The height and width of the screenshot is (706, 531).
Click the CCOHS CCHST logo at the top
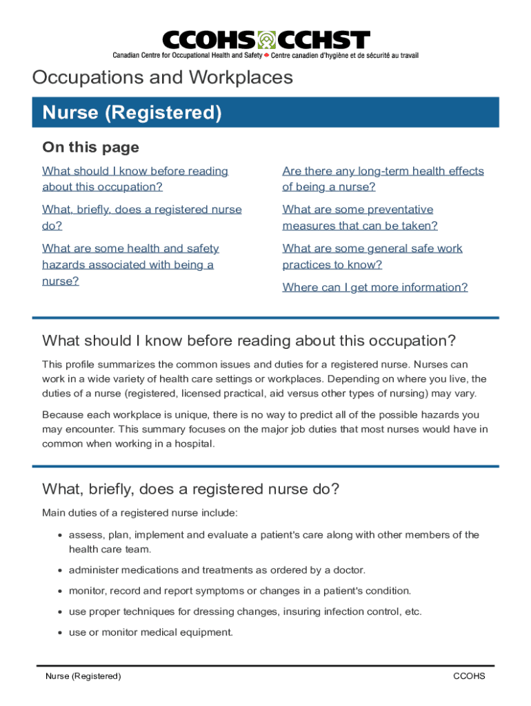pyautogui.click(x=265, y=43)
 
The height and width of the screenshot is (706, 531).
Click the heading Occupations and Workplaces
pyautogui.click(x=163, y=78)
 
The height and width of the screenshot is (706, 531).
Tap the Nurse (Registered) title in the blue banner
pyautogui.click(x=132, y=112)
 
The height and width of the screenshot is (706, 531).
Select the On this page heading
pyautogui.click(x=90, y=147)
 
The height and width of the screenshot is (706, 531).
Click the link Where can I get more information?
pyautogui.click(x=374, y=288)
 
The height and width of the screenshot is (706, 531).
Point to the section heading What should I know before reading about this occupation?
pyautogui.click(x=249, y=341)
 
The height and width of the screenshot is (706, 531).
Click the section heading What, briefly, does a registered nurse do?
pyautogui.click(x=190, y=490)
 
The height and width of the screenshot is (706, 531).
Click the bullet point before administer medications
pyautogui.click(x=61, y=571)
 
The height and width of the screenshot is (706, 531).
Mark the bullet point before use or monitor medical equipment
pyautogui.click(x=61, y=633)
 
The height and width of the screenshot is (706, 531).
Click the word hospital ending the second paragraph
pyautogui.click(x=195, y=444)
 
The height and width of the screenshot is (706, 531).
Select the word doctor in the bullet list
pyautogui.click(x=348, y=570)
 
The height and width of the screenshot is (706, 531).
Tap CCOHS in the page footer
pyautogui.click(x=469, y=676)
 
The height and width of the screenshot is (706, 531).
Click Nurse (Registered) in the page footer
pyautogui.click(x=83, y=676)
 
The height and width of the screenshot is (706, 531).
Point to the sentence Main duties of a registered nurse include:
pyautogui.click(x=139, y=512)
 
